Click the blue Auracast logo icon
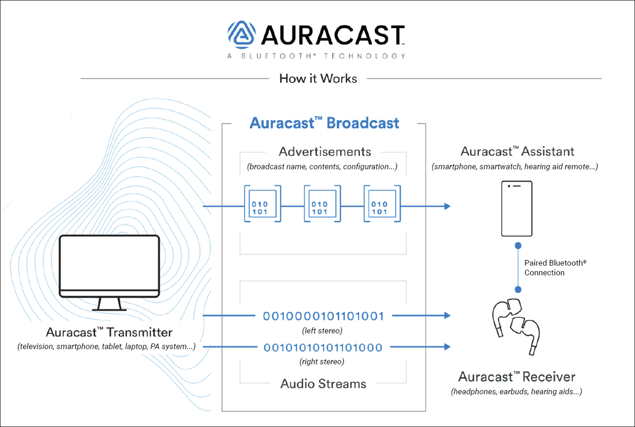tap(242, 34)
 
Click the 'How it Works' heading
tap(318, 79)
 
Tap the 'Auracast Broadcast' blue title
tap(324, 123)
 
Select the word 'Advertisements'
tap(325, 152)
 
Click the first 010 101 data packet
tap(262, 204)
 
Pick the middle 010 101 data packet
tap(322, 204)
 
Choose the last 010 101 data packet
tap(382, 204)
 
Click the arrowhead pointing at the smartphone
tap(447, 206)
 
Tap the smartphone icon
tap(516, 209)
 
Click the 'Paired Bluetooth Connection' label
tap(555, 268)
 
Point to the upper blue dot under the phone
tap(518, 245)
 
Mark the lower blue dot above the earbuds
tap(518, 290)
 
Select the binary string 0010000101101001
tap(324, 316)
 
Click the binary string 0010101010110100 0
tap(323, 348)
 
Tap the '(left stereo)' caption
tap(322, 331)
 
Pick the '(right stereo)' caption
tap(322, 361)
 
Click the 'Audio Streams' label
tap(323, 384)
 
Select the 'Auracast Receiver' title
tap(516, 377)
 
